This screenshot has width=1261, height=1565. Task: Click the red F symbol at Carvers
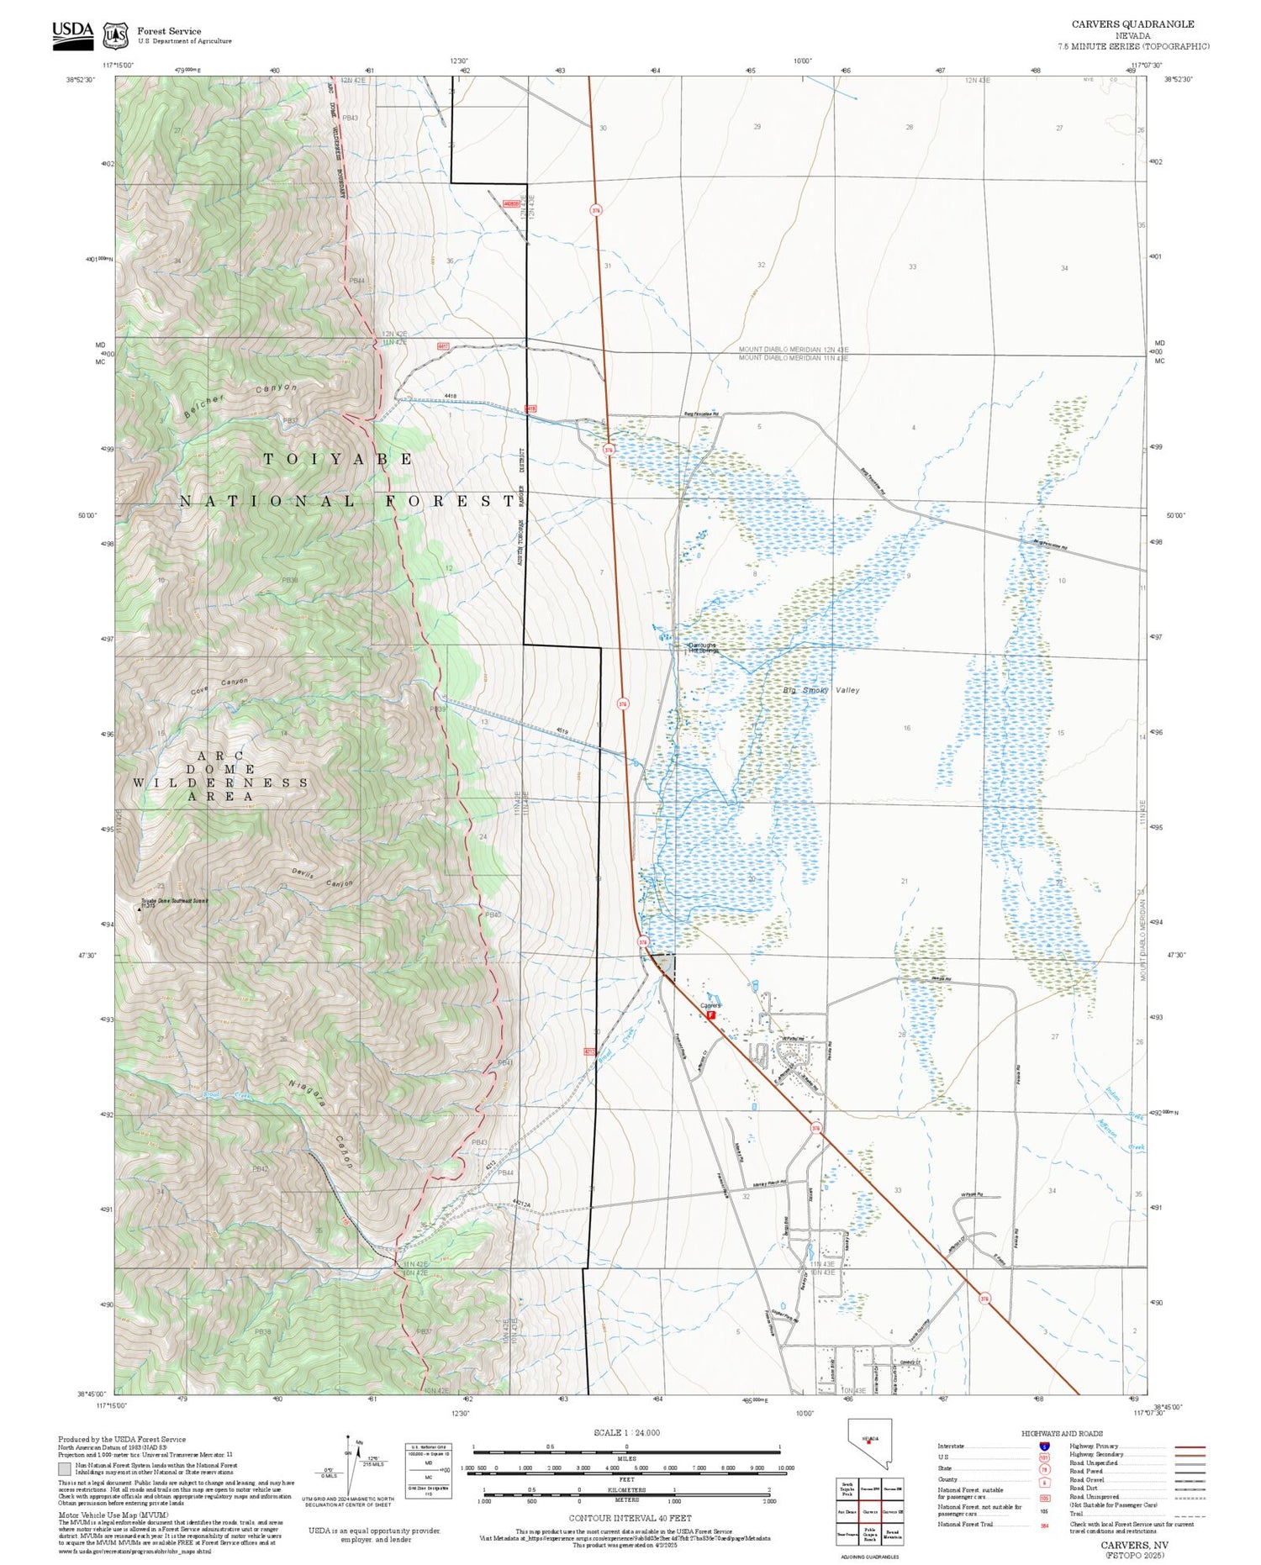click(710, 1014)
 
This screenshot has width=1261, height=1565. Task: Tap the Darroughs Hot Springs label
click(703, 648)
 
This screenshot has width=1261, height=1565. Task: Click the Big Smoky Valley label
click(821, 690)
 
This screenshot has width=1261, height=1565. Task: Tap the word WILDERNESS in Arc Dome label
click(220, 782)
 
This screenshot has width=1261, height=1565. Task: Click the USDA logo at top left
click(73, 34)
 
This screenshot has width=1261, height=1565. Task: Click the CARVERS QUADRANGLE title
click(1132, 24)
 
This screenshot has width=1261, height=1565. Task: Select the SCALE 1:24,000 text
click(626, 1432)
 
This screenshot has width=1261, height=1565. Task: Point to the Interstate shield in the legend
click(1044, 1446)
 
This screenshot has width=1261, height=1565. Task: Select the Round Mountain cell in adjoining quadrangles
click(893, 1534)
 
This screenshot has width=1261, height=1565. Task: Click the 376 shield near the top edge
click(596, 210)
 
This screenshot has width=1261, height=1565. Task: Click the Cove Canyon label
click(219, 686)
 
